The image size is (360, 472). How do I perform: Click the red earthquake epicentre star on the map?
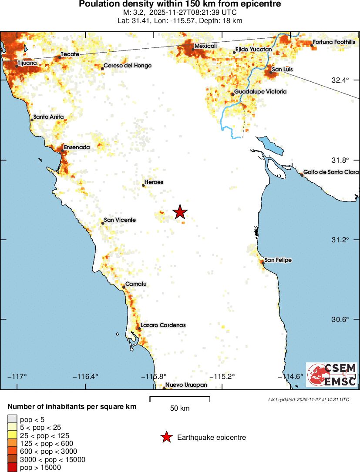180,212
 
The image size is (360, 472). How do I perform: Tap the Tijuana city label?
27,63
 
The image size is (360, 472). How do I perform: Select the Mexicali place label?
205,46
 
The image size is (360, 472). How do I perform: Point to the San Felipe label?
278,260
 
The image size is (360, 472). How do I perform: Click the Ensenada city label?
77,147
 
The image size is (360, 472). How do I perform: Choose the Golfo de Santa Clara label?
331,172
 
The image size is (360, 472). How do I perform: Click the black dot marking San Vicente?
103,223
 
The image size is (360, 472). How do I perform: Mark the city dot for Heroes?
144,185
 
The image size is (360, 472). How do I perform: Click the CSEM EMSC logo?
332,375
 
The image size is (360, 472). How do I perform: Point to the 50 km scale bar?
180,398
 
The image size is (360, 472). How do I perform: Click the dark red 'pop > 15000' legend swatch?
12,468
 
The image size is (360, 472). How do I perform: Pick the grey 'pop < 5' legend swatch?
12,419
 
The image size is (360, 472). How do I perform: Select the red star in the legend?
166,437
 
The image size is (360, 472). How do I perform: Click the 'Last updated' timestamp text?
309,399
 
